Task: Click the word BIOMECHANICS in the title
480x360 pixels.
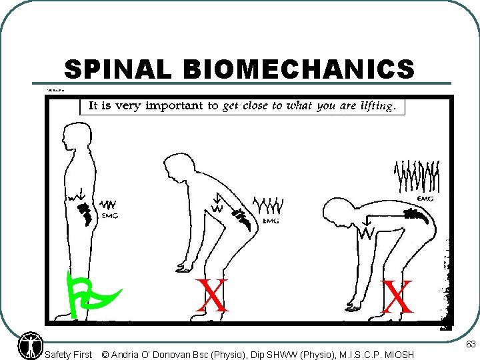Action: [298, 69]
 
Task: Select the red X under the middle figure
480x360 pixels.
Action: [213, 296]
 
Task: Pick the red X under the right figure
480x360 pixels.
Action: [397, 297]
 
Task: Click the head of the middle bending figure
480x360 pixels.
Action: [175, 164]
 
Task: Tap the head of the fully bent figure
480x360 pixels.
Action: [334, 213]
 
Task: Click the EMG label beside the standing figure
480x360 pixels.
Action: [109, 215]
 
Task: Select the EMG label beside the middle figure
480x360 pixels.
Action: [271, 221]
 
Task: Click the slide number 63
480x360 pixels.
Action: [470, 345]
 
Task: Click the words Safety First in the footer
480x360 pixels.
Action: [68, 355]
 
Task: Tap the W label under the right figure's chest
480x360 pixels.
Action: [365, 233]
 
